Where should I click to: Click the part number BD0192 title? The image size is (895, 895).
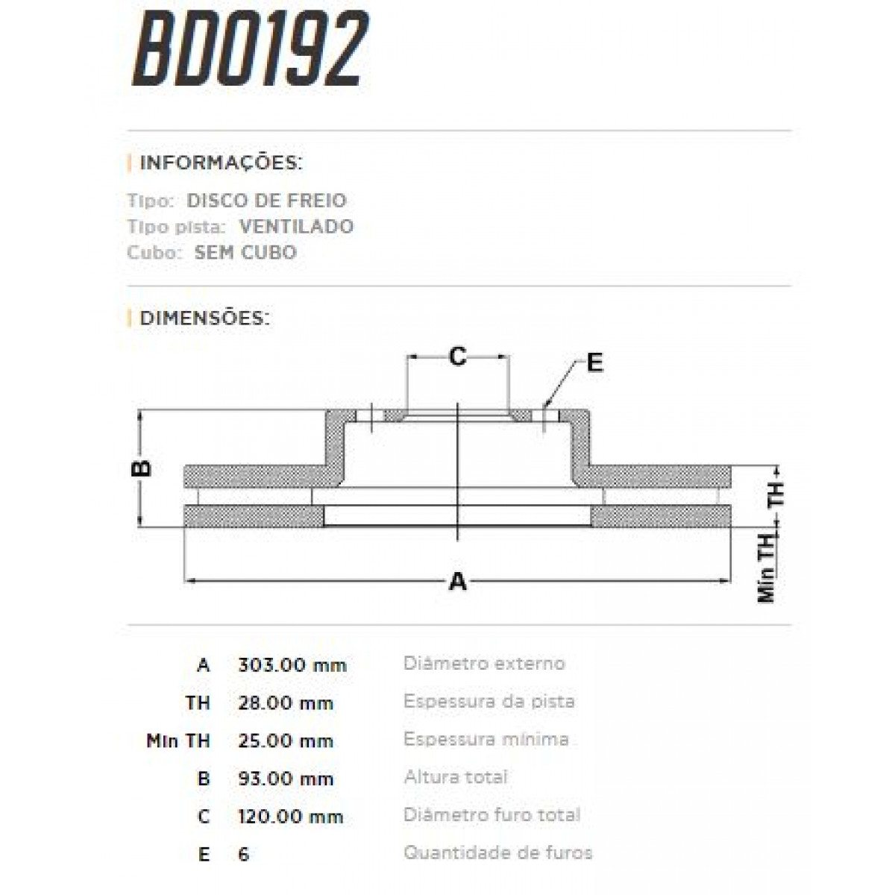[x=250, y=50]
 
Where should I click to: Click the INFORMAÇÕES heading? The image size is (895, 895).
[x=221, y=163]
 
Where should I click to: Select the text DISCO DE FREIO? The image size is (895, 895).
[x=266, y=201]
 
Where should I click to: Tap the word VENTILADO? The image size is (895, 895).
[x=296, y=227]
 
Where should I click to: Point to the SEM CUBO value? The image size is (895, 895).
[x=245, y=252]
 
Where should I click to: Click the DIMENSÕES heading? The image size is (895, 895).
[x=204, y=318]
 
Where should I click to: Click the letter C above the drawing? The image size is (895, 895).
[x=457, y=357]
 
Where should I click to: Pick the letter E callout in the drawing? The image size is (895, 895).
[x=594, y=363]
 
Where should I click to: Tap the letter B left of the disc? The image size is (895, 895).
[x=142, y=468]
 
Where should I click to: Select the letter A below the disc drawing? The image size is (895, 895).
[x=458, y=581]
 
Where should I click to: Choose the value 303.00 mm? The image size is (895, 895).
[x=292, y=665]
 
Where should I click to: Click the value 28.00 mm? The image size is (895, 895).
[x=285, y=703]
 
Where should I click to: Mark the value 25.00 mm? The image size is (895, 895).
[x=285, y=741]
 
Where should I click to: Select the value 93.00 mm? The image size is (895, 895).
[x=285, y=779]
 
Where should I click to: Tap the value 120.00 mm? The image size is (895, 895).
[x=290, y=816]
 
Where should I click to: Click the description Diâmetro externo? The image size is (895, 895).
[x=484, y=663]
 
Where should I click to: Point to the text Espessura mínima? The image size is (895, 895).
[x=486, y=739]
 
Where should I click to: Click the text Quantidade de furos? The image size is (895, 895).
[x=497, y=852]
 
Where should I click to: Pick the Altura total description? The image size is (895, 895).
[x=456, y=777]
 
